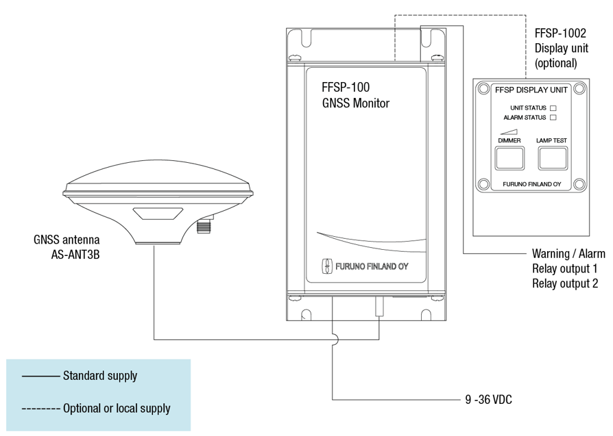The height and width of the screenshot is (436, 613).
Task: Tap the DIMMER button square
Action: (509, 158)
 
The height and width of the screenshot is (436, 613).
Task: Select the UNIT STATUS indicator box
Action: (553, 108)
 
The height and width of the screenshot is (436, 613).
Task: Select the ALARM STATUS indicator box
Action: (553, 118)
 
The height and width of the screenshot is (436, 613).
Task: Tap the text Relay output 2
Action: (565, 283)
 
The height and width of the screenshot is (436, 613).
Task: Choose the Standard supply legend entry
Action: (99, 376)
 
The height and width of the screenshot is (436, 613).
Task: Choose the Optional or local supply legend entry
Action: (117, 409)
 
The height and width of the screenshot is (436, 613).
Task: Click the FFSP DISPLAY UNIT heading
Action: (530, 90)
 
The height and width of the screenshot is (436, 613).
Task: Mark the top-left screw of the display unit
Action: (483, 88)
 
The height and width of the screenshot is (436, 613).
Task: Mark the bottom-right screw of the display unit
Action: (578, 183)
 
